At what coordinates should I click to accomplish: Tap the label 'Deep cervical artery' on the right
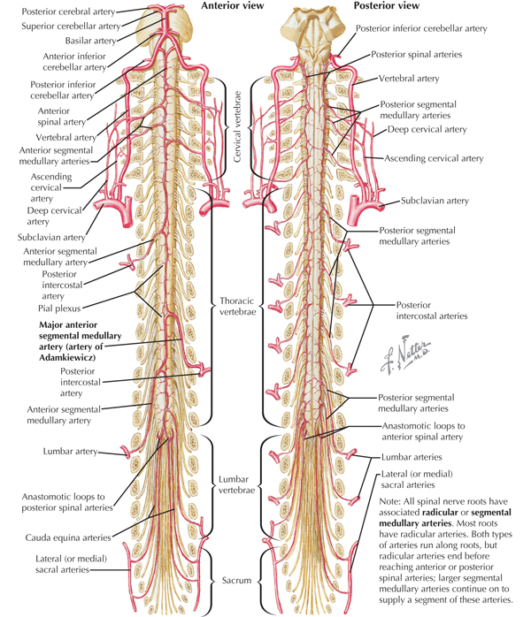(427, 130)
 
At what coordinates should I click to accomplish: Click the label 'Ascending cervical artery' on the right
(434, 159)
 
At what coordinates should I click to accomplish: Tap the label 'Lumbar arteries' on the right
(412, 457)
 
